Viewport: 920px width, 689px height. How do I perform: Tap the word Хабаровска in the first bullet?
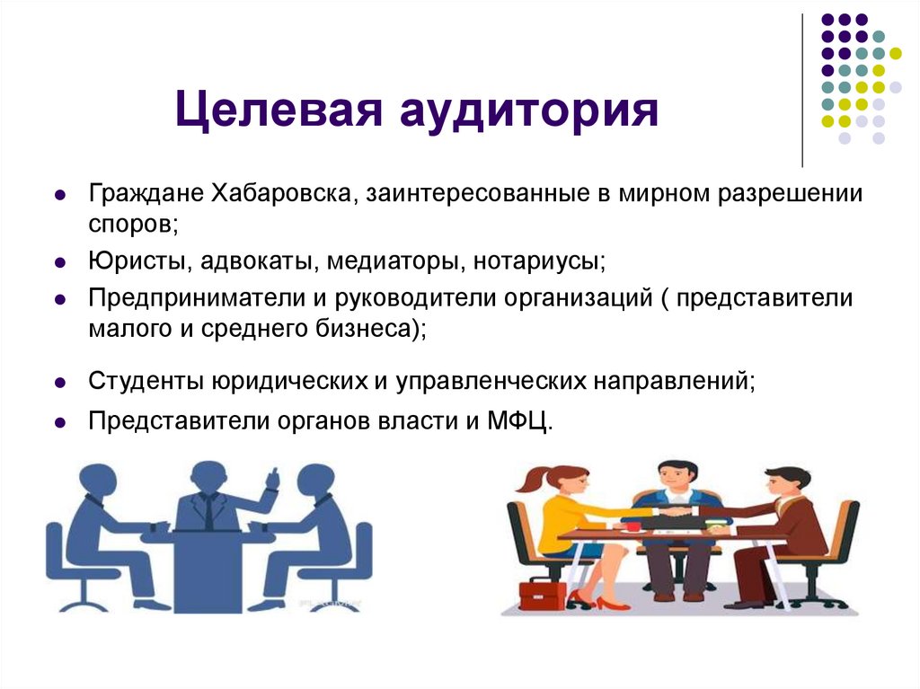[x=279, y=194]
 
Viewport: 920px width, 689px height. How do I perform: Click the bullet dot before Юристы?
[x=58, y=263]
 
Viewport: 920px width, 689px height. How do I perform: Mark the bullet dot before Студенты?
[x=58, y=382]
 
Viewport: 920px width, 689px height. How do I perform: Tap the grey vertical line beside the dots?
[x=802, y=90]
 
